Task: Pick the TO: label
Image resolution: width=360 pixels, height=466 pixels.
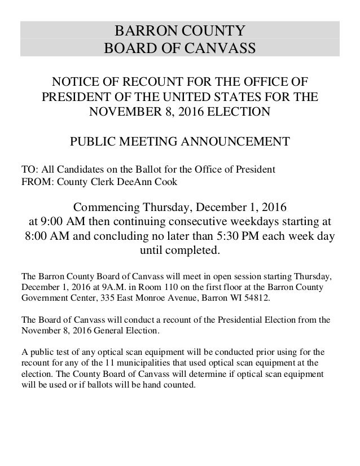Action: tap(28, 170)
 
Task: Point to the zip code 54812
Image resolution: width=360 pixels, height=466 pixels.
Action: tap(264, 297)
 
